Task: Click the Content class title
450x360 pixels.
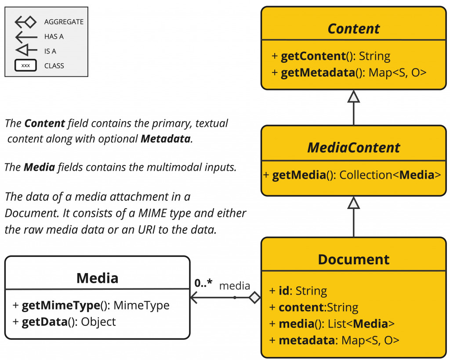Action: pos(354,29)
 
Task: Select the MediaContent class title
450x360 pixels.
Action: pos(354,148)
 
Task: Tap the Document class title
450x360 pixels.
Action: pos(354,259)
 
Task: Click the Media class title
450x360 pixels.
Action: pos(97,278)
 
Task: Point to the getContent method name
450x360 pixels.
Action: pos(312,56)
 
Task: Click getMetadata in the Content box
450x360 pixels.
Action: pos(318,72)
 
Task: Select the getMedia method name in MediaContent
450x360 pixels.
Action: pos(299,175)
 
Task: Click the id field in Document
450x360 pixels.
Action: pos(284,291)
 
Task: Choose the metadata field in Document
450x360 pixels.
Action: pos(306,340)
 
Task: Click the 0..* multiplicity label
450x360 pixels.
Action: pos(203,283)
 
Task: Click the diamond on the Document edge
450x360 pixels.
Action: pos(254,298)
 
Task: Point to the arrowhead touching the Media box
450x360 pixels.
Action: pos(194,298)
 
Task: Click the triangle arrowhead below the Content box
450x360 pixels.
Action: pos(354,96)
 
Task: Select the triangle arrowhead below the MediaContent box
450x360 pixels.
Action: pos(354,202)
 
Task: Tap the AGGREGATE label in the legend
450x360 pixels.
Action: pos(64,22)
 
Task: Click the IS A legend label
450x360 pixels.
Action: pos(50,51)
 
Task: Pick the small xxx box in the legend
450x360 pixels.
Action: pos(25,66)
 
